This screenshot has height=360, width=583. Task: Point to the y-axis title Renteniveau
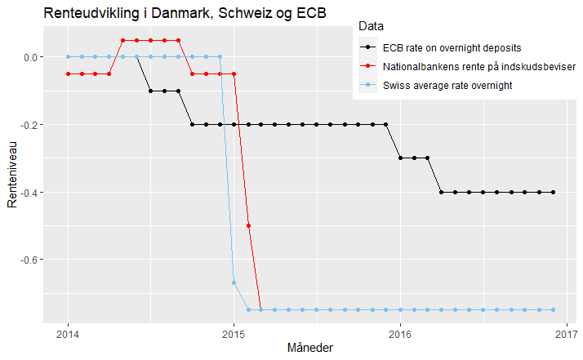[13, 173]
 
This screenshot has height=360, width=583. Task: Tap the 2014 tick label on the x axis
[68, 333]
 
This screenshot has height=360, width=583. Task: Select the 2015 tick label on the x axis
[234, 333]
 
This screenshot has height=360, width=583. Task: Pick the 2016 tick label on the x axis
[399, 333]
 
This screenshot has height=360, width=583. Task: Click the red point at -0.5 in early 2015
[247, 225]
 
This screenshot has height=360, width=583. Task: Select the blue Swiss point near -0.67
[234, 282]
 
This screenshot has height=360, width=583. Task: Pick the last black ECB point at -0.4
[553, 193]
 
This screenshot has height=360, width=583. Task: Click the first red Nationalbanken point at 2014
[68, 73]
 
